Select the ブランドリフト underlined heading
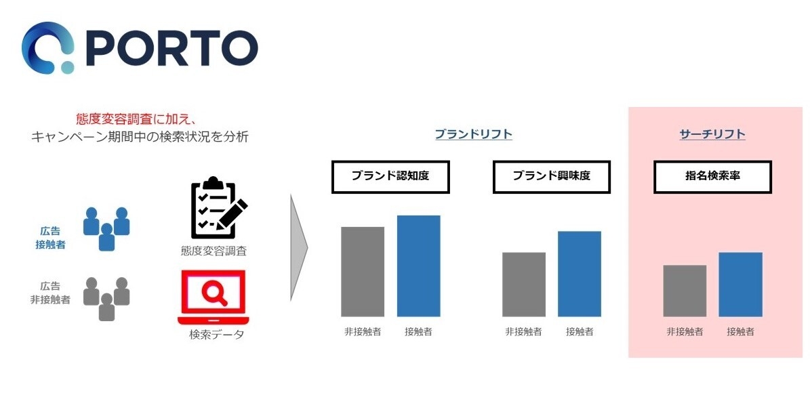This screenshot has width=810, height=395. (x=473, y=134)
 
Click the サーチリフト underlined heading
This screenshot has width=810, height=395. (x=712, y=134)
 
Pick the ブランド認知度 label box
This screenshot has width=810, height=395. (x=390, y=176)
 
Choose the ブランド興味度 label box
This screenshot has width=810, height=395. (x=551, y=176)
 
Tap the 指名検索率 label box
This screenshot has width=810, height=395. (x=712, y=176)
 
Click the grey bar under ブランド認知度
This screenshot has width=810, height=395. (x=363, y=272)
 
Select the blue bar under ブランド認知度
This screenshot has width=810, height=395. (x=418, y=266)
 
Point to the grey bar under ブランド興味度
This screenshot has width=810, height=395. (x=523, y=285)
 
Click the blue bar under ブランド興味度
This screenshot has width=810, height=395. (x=579, y=274)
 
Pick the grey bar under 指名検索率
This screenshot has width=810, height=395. (x=685, y=291)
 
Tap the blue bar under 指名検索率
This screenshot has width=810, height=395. (x=740, y=285)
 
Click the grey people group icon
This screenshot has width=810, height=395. (x=106, y=298)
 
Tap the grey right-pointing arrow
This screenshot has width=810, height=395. (x=298, y=247)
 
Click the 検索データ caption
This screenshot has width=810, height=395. (x=216, y=335)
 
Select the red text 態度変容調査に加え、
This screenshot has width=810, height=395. (x=127, y=119)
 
